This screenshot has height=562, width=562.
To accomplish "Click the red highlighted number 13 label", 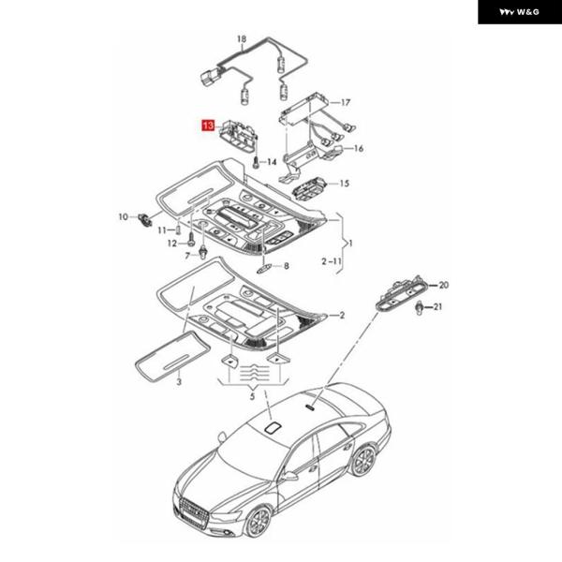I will (207, 123).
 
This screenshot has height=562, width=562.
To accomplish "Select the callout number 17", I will (346, 102).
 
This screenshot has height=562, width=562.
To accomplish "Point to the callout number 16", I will (359, 148).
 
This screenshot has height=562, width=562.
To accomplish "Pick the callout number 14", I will (273, 162).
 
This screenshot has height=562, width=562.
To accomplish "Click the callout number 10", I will (122, 217).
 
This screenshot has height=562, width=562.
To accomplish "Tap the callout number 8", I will (287, 266).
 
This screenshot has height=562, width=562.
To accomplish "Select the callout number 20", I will (444, 284).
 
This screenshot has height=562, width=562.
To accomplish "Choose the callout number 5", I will (252, 397).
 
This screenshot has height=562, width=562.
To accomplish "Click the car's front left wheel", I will (257, 521).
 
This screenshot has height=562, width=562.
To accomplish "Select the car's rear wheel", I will (362, 460).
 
